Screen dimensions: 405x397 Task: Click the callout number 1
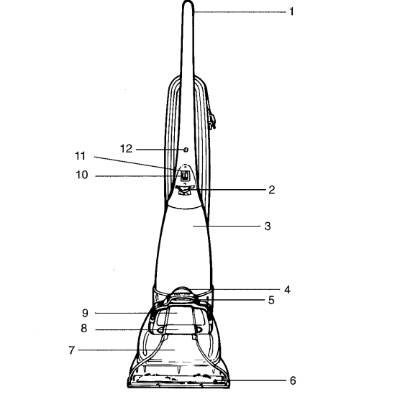tap(291, 12)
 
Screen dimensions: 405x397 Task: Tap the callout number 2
tap(271, 190)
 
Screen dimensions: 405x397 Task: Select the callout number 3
tap(268, 226)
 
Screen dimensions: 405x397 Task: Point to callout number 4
tap(287, 290)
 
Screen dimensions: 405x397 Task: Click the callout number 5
tap(271, 300)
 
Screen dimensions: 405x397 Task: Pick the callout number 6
tap(293, 380)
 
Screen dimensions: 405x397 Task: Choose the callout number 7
tap(71, 350)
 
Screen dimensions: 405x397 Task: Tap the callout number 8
tap(84, 328)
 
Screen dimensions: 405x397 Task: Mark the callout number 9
tap(85, 313)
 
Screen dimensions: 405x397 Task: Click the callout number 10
tap(81, 175)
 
